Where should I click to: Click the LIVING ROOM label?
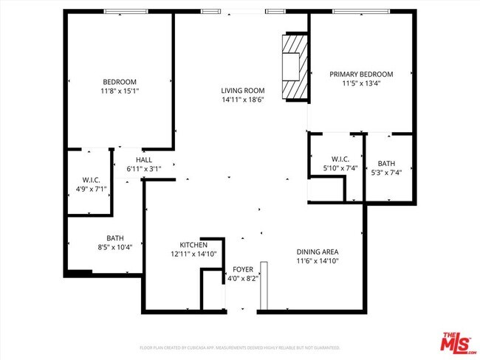(242, 91)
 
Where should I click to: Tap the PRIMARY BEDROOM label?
(361, 74)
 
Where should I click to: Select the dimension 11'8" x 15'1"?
(120, 91)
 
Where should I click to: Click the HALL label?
(143, 160)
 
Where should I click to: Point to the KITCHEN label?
(193, 245)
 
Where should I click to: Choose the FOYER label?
(243, 269)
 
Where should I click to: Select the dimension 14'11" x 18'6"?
(242, 100)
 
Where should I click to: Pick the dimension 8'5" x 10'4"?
(114, 247)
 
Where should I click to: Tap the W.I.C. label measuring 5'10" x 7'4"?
(340, 159)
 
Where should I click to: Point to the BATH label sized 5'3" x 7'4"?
(386, 163)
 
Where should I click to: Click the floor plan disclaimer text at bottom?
(239, 347)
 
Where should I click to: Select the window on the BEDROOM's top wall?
(125, 11)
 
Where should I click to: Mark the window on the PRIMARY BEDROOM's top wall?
(357, 11)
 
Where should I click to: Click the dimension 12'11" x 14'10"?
(192, 254)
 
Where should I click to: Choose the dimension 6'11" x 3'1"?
(143, 169)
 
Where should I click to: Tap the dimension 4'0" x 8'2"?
(243, 279)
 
